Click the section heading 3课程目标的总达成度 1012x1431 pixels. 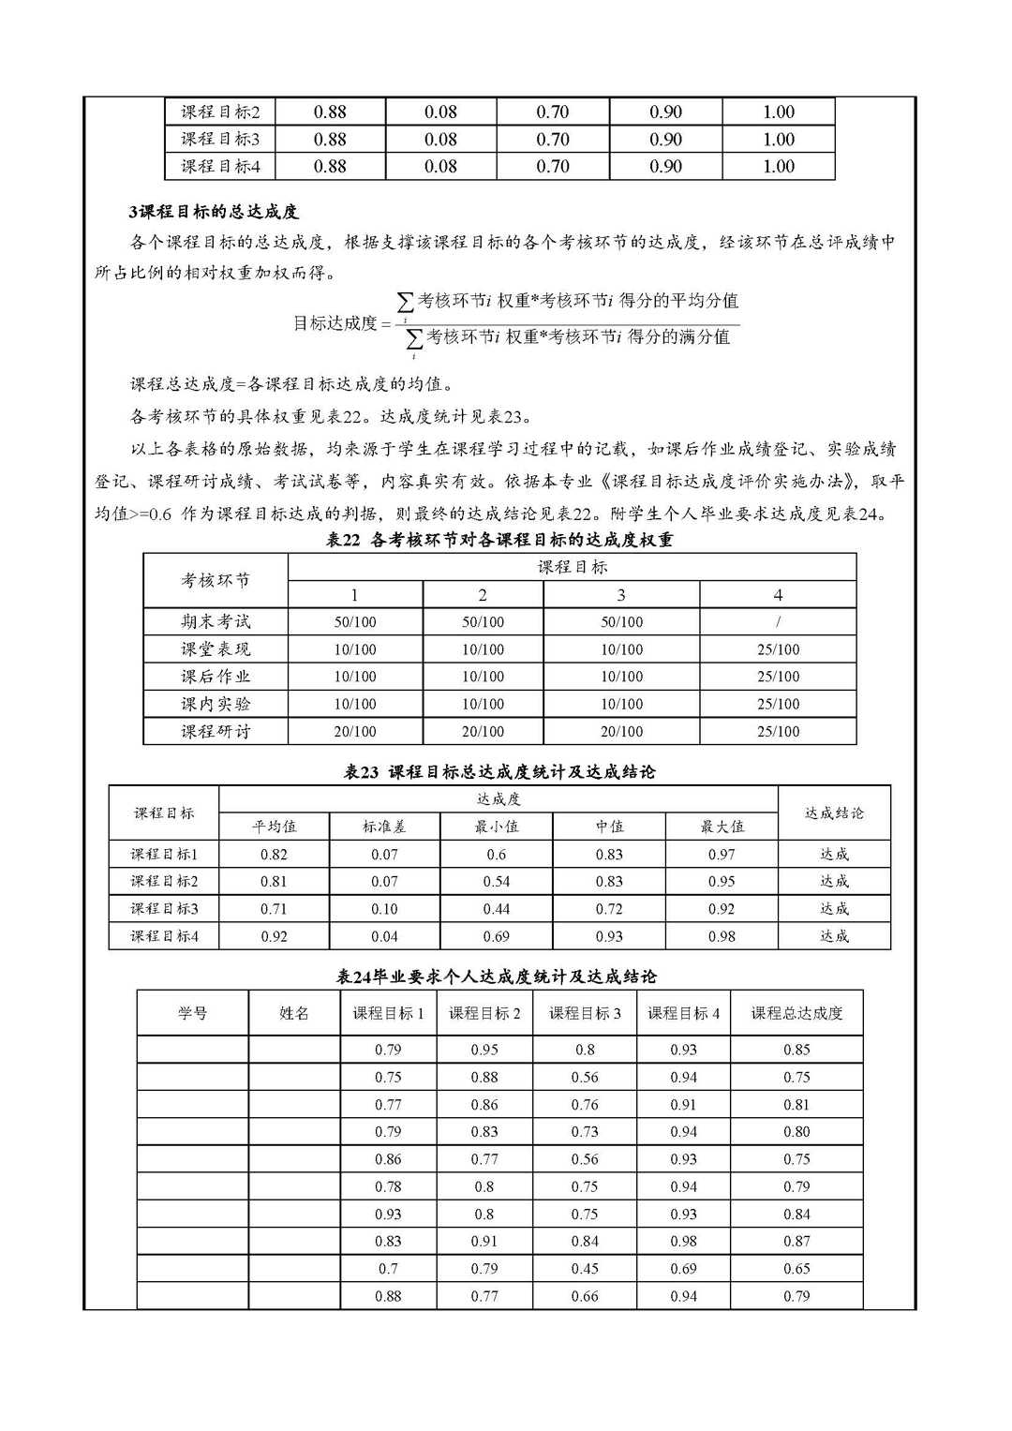point(214,212)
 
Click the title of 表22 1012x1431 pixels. point(499,540)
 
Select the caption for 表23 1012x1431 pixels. point(499,772)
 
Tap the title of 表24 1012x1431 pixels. point(496,976)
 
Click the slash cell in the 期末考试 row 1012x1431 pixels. point(778,621)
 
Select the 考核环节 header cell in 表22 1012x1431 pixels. point(216,580)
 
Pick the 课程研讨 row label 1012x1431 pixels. point(216,731)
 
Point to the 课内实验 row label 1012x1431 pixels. point(216,704)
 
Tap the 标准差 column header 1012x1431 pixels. point(384,827)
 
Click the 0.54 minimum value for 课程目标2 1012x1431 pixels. point(497,881)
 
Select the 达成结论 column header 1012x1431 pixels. point(834,812)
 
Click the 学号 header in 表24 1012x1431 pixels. point(192,1013)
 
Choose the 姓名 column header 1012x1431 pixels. point(294,1013)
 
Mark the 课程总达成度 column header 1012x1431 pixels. point(796,1013)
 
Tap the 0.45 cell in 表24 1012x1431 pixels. point(585,1268)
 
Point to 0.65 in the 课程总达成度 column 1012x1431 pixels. point(796,1268)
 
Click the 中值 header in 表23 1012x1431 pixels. point(609,827)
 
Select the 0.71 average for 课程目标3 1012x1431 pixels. point(274,908)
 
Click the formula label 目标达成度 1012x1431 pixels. point(335,323)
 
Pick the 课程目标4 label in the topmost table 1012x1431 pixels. point(220,166)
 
